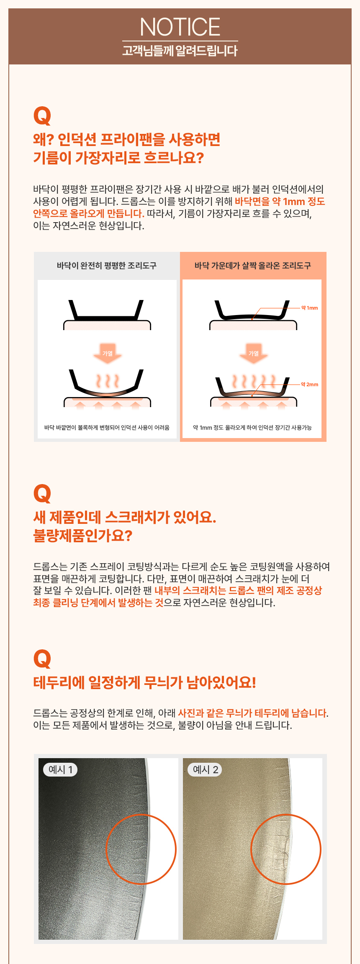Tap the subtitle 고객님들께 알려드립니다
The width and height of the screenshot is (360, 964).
[x=180, y=51]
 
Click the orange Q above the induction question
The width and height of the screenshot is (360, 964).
[x=42, y=116]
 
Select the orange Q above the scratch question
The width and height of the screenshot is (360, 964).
[x=42, y=494]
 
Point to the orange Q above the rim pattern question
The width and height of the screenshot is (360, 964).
[x=42, y=659]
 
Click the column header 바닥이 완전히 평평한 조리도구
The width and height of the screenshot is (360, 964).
[x=107, y=266]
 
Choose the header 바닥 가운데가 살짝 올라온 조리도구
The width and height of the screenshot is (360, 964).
[x=253, y=266]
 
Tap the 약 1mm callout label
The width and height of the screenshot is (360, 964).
[x=310, y=308]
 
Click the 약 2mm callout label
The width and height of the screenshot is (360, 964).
[x=310, y=385]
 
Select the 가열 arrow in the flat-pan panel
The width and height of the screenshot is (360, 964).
[x=108, y=353]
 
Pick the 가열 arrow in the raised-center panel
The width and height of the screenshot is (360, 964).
[x=254, y=353]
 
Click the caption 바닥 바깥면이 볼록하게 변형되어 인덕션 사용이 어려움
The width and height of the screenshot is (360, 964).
[x=107, y=428]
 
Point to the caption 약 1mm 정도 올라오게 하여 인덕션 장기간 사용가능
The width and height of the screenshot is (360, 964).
[x=252, y=428]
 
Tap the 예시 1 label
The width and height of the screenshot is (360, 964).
[x=60, y=769]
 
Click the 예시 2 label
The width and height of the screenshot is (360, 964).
[x=205, y=769]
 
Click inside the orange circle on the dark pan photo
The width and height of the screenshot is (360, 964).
[x=141, y=849]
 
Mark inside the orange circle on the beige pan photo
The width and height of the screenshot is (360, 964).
[x=286, y=849]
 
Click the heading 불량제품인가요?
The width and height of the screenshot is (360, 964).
[x=83, y=536]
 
